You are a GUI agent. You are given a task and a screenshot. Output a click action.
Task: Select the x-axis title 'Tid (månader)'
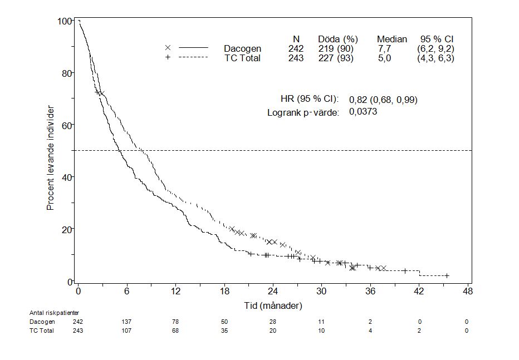[x=273, y=305]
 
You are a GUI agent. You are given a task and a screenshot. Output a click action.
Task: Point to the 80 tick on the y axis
[x=65, y=73]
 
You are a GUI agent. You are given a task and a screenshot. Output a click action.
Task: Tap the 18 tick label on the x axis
[x=224, y=292]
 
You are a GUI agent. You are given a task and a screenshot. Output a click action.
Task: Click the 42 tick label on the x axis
[x=419, y=292]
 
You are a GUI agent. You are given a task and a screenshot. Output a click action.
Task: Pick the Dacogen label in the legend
[x=242, y=48]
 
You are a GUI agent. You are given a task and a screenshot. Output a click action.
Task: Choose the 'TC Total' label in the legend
[x=242, y=58]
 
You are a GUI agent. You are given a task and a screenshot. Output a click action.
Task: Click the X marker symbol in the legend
[x=168, y=48]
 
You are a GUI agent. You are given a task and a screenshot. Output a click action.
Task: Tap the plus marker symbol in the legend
[x=168, y=58]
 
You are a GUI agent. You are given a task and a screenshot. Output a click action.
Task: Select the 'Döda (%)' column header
[x=337, y=39]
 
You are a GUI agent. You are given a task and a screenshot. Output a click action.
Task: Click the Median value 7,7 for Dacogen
[x=384, y=48]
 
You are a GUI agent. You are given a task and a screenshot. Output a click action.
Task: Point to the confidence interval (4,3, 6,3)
[x=435, y=58]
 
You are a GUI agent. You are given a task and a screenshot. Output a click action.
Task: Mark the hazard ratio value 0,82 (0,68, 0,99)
[x=383, y=100]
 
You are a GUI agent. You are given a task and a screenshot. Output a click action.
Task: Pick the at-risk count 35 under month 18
[x=224, y=331]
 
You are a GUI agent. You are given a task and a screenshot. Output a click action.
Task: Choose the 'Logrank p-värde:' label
[x=303, y=112]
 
